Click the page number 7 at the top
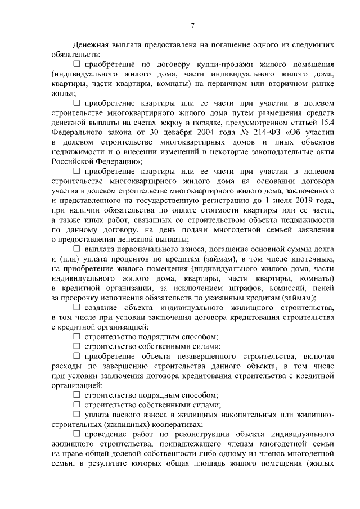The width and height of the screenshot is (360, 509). (x=192, y=25)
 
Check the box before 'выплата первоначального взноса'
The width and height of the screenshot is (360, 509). (x=77, y=249)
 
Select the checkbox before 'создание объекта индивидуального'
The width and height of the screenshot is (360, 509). (x=77, y=307)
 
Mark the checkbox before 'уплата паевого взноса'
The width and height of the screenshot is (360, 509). (x=77, y=415)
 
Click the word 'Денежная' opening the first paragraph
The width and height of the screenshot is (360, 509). (x=92, y=44)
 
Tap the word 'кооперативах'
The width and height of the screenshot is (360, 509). (x=181, y=425)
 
